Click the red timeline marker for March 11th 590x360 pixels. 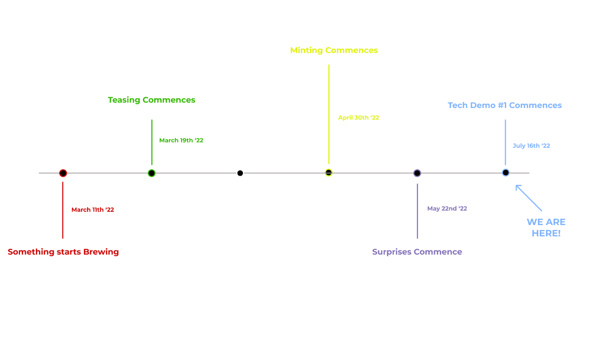(63, 173)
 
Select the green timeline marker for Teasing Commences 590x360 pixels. (152, 173)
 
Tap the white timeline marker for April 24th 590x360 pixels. (240, 173)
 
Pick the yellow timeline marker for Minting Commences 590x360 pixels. (329, 172)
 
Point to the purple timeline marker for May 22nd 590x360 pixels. (417, 173)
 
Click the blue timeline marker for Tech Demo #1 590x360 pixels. (506, 172)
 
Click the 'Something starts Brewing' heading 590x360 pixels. (63, 251)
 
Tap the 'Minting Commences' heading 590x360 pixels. (334, 50)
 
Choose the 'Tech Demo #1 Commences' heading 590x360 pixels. (505, 105)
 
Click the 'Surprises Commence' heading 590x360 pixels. (417, 251)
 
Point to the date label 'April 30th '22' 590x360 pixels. (358, 117)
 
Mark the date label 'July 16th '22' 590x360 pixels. (531, 146)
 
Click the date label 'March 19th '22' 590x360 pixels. (181, 140)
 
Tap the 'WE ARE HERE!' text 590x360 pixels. (546, 227)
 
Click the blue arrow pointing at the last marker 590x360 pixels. (529, 198)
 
